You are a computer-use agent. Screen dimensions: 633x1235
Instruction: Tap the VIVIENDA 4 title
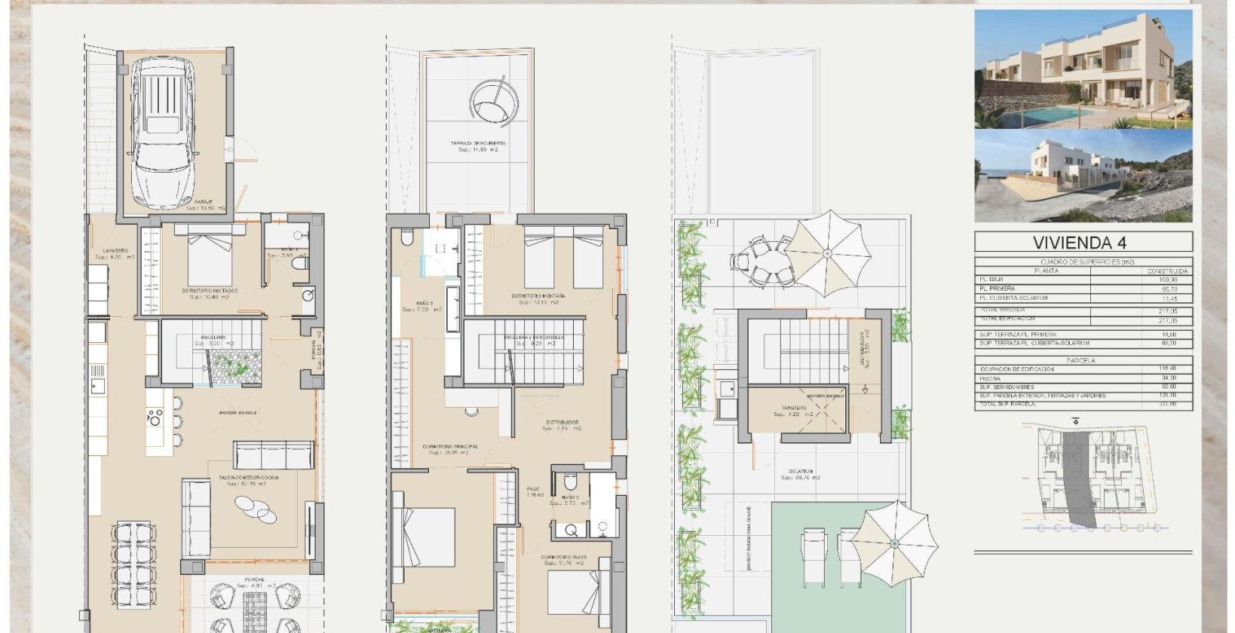(1083, 243)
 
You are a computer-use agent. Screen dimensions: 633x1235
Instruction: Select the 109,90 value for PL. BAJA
(1168, 280)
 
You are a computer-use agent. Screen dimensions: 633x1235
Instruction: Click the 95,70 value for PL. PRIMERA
(1168, 289)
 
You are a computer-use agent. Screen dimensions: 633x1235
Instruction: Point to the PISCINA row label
(991, 378)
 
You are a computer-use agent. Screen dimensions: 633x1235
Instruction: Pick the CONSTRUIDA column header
(1167, 271)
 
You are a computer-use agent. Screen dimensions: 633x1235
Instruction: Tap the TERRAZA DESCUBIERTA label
(478, 143)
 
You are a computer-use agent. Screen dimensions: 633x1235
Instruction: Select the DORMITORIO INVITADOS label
(210, 290)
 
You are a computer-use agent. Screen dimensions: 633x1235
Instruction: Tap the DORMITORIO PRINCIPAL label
(451, 447)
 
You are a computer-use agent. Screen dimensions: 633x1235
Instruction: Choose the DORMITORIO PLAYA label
(564, 558)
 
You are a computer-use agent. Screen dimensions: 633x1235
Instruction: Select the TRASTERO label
(794, 408)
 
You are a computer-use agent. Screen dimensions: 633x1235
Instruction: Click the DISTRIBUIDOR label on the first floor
(562, 422)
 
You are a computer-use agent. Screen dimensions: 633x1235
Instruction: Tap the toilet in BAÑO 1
(407, 239)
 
